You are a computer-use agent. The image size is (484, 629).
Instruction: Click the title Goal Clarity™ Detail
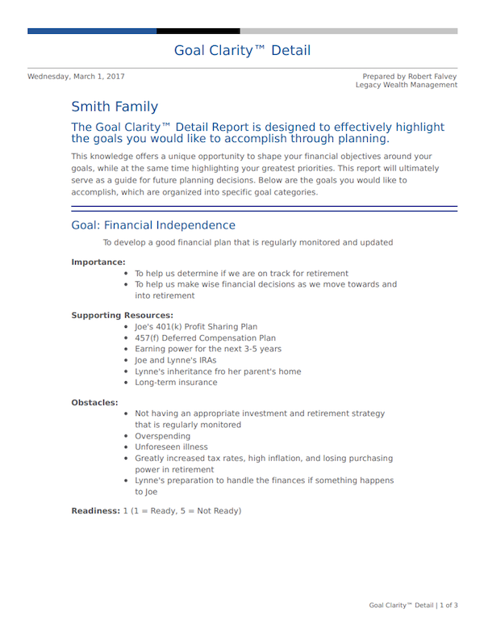pyautogui.click(x=242, y=51)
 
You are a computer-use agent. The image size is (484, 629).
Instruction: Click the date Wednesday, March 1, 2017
pyautogui.click(x=76, y=77)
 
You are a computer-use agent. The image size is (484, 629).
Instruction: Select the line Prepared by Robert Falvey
pyautogui.click(x=409, y=77)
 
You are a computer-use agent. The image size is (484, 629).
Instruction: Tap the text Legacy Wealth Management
pyautogui.click(x=406, y=85)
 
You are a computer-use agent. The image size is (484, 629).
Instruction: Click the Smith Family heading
pyautogui.click(x=115, y=107)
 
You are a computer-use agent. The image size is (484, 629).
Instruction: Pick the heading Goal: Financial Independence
pyautogui.click(x=153, y=225)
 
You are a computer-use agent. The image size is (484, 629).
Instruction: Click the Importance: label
pyautogui.click(x=98, y=262)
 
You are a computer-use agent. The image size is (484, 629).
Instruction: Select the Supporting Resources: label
pyautogui.click(x=122, y=315)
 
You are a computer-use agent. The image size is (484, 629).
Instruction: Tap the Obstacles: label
pyautogui.click(x=94, y=402)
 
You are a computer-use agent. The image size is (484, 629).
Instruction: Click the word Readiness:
pyautogui.click(x=95, y=511)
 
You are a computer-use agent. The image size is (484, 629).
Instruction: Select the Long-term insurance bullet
pyautogui.click(x=176, y=383)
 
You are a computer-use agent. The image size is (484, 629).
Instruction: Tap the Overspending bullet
pyautogui.click(x=163, y=436)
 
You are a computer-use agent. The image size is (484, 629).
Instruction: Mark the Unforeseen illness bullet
pyautogui.click(x=171, y=447)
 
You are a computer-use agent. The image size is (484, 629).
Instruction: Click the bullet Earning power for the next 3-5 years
pyautogui.click(x=208, y=350)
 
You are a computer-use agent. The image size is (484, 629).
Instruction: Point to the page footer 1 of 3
pyautogui.click(x=449, y=605)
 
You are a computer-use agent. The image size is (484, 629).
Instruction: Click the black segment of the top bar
pyautogui.click(x=187, y=31)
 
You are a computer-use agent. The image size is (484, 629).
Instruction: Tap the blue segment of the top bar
pyautogui.click(x=92, y=31)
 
